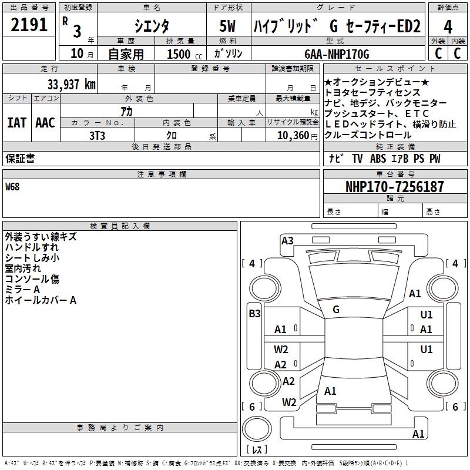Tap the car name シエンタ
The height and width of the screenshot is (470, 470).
(x=151, y=26)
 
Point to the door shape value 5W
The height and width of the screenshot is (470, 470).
(x=228, y=26)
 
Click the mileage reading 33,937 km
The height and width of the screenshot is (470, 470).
(x=72, y=84)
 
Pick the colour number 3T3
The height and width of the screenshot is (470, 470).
(x=97, y=135)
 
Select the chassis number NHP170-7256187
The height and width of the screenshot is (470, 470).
(x=395, y=187)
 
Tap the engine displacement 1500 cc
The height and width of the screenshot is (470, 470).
(x=183, y=54)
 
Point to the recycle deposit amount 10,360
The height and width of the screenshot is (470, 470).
(x=290, y=135)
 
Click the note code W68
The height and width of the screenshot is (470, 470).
(x=12, y=187)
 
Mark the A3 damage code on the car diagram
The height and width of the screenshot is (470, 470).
(x=287, y=240)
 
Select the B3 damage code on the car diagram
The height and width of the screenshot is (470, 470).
(x=254, y=314)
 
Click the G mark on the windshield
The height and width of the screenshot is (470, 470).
(x=336, y=309)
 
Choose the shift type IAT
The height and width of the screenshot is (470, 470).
(x=17, y=123)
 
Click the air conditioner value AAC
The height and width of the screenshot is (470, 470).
(x=45, y=123)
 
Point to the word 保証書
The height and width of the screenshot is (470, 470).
(x=20, y=159)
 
